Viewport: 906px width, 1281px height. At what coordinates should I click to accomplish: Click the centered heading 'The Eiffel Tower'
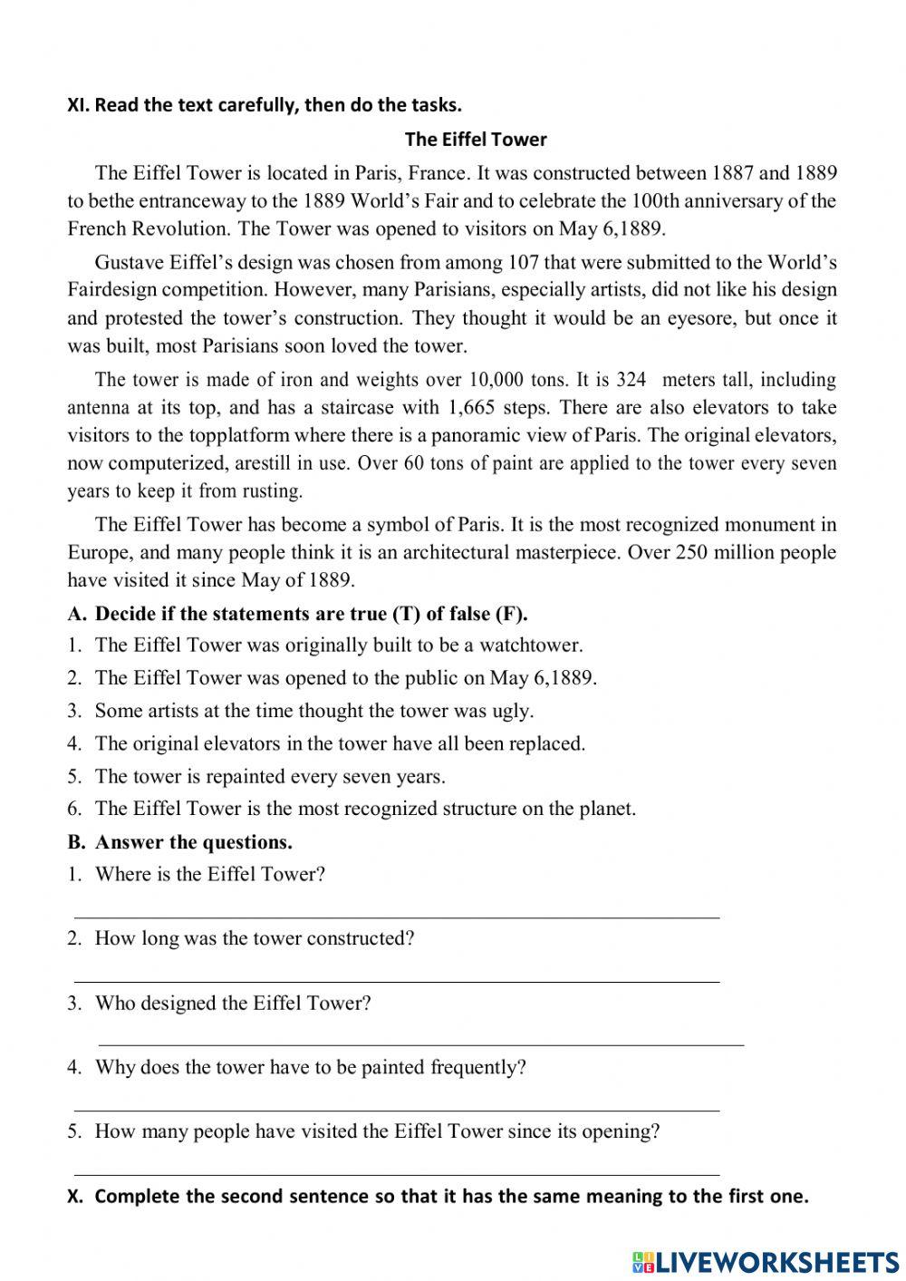(x=476, y=140)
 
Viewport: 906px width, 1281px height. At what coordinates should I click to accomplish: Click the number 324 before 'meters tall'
(x=631, y=380)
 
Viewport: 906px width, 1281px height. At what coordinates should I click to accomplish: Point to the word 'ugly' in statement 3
(x=511, y=711)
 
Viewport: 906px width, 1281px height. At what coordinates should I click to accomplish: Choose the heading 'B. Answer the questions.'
(x=180, y=842)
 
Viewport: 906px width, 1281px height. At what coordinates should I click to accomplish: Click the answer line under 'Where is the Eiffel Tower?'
(x=396, y=917)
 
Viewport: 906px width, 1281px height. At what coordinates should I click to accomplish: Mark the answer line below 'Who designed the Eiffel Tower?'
(x=420, y=1045)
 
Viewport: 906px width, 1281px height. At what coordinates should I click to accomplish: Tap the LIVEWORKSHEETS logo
(x=766, y=1261)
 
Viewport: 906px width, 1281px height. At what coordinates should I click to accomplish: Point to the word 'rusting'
(x=271, y=491)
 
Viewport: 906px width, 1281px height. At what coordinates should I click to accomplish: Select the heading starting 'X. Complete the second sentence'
(x=439, y=1196)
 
